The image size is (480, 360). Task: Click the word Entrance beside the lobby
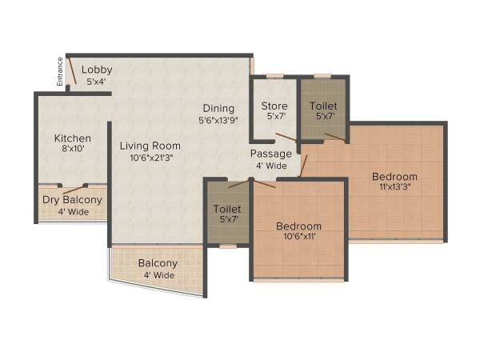tap(59, 71)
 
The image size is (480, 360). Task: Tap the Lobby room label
tap(97, 70)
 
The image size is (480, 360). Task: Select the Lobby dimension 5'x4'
tap(97, 81)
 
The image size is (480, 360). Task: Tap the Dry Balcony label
tap(72, 200)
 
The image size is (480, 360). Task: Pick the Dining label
tap(218, 109)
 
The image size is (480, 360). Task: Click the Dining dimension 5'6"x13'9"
tap(218, 120)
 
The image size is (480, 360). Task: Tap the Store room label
tap(274, 106)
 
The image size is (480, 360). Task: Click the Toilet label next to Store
tap(323, 106)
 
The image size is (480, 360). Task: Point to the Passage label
tap(270, 154)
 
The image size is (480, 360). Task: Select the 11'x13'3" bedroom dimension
tap(394, 187)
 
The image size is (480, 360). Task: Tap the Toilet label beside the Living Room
tap(227, 209)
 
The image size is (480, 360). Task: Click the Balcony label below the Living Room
tap(158, 263)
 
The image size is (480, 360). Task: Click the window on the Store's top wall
tap(274, 76)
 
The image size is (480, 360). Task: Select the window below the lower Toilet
tap(228, 246)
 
